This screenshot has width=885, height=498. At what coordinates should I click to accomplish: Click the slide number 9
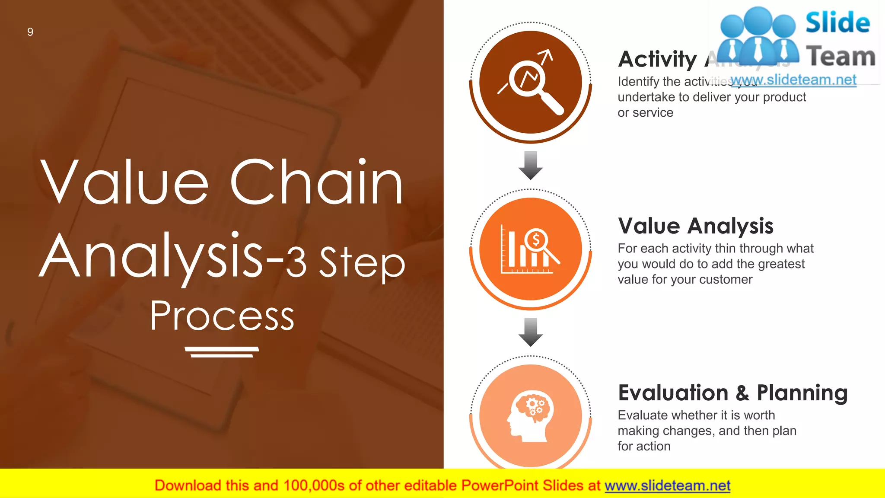pyautogui.click(x=30, y=32)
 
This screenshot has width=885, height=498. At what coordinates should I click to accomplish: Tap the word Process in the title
pyautogui.click(x=222, y=316)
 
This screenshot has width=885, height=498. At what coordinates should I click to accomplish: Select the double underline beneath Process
pyautogui.click(x=222, y=352)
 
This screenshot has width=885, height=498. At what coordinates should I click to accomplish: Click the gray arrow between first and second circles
pyautogui.click(x=531, y=165)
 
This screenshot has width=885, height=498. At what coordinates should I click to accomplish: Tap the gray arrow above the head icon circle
pyautogui.click(x=531, y=332)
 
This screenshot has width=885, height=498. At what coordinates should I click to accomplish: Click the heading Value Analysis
pyautogui.click(x=696, y=226)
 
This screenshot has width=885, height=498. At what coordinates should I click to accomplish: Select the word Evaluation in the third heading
pyautogui.click(x=673, y=393)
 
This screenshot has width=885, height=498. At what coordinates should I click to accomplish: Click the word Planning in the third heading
pyautogui.click(x=802, y=393)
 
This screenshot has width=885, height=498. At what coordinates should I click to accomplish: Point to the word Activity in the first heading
pyautogui.click(x=658, y=59)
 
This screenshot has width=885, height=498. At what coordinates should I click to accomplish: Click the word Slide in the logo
pyautogui.click(x=837, y=22)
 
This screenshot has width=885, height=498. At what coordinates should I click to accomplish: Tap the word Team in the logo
pyautogui.click(x=841, y=57)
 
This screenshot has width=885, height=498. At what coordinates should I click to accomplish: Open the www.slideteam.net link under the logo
pyautogui.click(x=793, y=80)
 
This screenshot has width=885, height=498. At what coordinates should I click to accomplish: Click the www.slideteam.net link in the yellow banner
pyautogui.click(x=667, y=485)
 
